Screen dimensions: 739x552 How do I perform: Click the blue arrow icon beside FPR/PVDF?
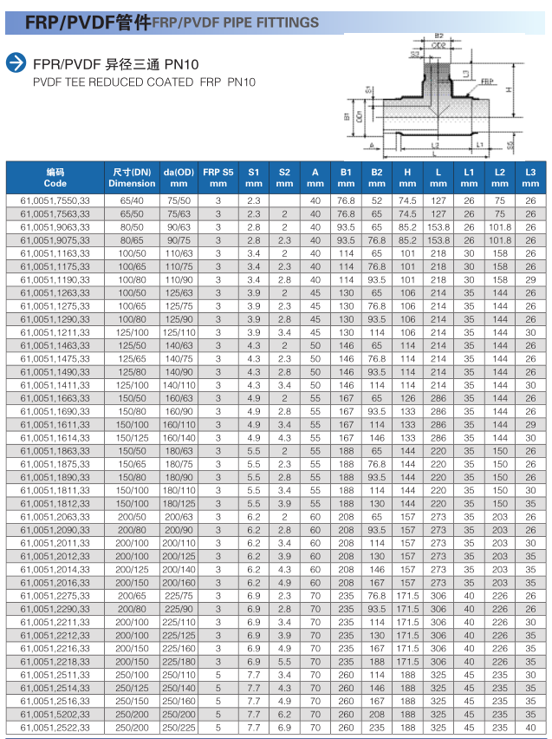pos(16,62)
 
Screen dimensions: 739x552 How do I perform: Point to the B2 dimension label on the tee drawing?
pos(439,36)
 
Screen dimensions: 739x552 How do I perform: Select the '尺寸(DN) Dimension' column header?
pos(133,177)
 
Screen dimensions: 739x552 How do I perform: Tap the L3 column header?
pos(530,177)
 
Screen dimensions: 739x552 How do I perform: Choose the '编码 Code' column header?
pos(55,177)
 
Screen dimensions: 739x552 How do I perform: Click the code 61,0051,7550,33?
pos(55,201)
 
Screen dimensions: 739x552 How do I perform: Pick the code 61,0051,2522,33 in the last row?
pos(55,727)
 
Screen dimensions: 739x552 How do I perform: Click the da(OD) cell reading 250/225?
pos(179,727)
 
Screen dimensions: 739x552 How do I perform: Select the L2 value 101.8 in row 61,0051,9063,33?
pos(500,227)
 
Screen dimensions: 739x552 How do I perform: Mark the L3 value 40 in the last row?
pos(530,727)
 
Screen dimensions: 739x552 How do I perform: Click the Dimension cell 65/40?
pos(133,201)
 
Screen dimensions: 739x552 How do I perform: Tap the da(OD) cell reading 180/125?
pos(179,503)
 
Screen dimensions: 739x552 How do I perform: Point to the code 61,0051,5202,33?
pos(55,714)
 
